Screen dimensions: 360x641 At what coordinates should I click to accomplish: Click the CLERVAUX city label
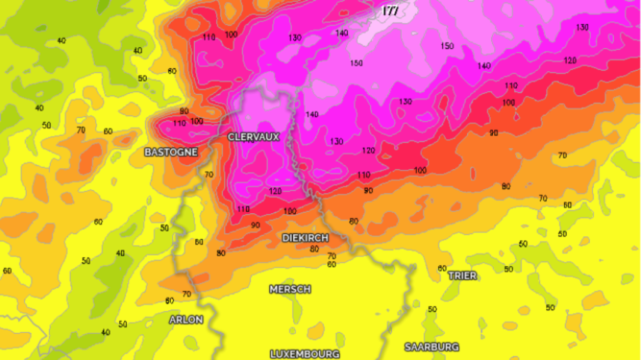[x=253, y=137]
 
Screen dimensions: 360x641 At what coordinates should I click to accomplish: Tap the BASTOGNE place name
[x=171, y=152]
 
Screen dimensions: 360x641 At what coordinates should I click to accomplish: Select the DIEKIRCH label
[x=305, y=238]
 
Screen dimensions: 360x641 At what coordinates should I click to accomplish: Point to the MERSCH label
[x=290, y=289]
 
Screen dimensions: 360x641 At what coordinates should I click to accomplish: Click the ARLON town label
[x=186, y=320]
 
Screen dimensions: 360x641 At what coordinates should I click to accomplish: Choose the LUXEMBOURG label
[x=305, y=354]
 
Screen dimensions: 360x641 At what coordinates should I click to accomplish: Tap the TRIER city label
[x=462, y=276]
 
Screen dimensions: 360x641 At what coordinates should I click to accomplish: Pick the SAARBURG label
[x=432, y=347]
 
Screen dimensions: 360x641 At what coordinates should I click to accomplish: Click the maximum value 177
[x=390, y=10]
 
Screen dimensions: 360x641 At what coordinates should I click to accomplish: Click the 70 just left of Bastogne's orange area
[x=81, y=130]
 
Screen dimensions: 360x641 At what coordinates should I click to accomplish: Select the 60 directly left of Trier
[x=442, y=269]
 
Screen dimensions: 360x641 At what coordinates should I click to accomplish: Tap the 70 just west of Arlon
[x=186, y=294]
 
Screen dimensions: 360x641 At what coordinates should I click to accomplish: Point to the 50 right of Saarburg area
[x=550, y=308]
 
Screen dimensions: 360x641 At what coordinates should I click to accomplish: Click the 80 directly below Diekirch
[x=314, y=249]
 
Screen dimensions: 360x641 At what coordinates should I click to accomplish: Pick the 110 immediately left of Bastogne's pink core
[x=180, y=124]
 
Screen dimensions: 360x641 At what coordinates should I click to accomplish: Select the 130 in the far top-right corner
[x=582, y=27]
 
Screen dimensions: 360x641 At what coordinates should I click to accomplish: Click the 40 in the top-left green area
[x=61, y=40]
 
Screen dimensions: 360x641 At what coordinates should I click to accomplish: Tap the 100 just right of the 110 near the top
[x=231, y=35]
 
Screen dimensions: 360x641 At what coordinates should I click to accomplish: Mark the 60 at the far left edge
[x=7, y=271]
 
